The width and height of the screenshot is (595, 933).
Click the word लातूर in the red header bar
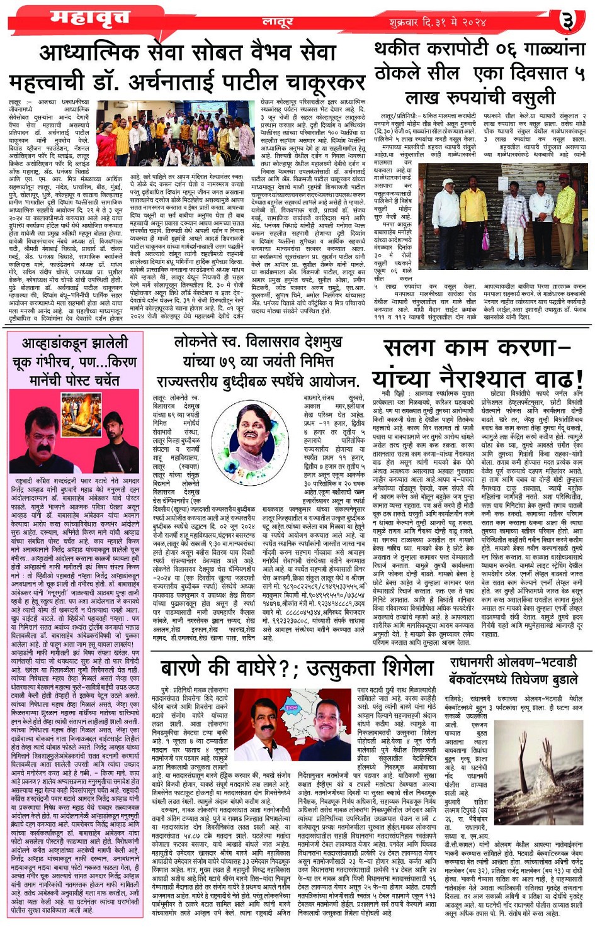pos(278,22)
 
